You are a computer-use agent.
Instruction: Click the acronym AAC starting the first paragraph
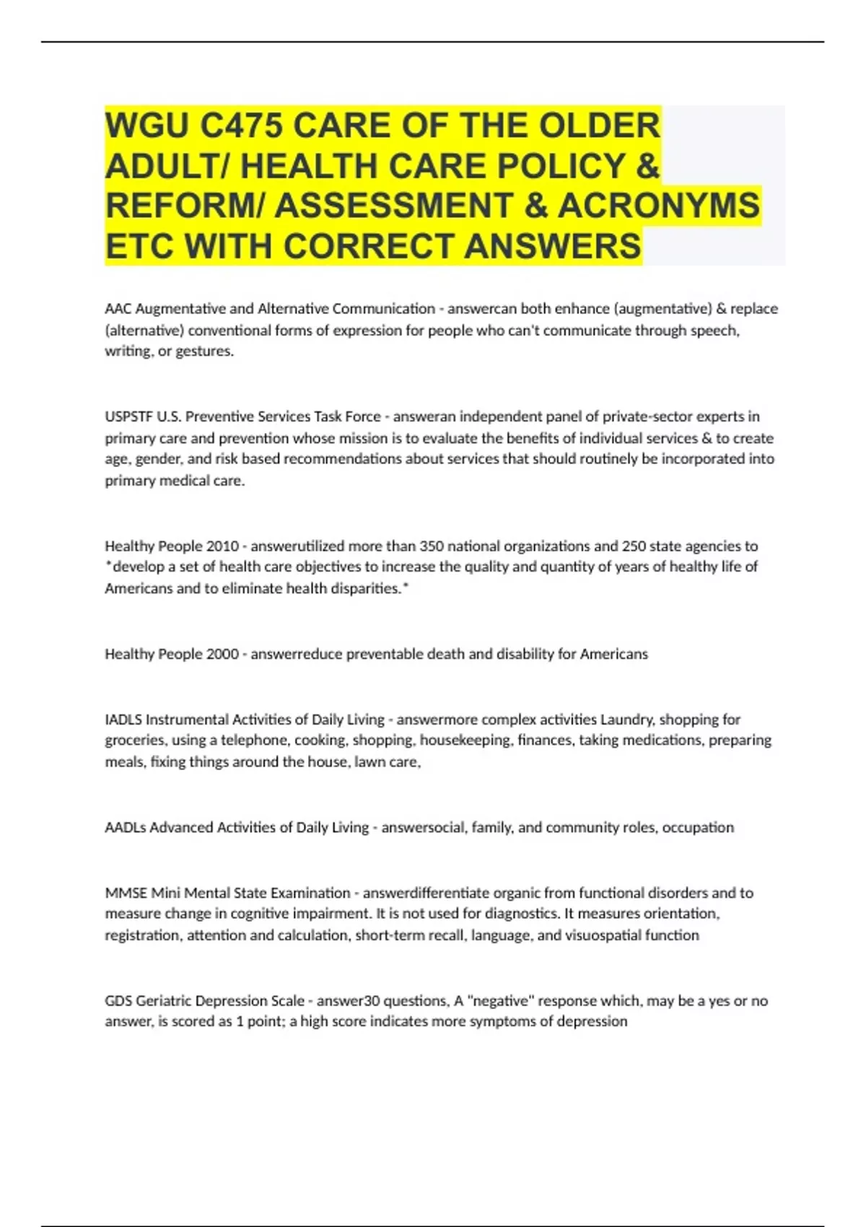(x=118, y=309)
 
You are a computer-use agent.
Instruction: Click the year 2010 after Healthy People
(x=222, y=546)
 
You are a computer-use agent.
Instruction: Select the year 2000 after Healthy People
(x=222, y=654)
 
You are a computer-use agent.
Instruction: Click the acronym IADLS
(x=123, y=720)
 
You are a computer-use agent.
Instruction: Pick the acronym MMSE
(x=126, y=893)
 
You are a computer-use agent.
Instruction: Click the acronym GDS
(x=118, y=1001)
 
